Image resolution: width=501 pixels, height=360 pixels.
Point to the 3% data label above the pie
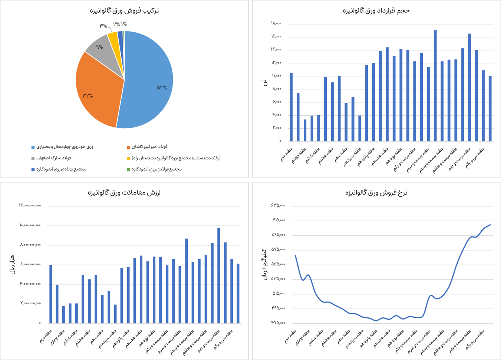point(103,26)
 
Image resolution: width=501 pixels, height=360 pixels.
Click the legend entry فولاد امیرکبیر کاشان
point(149,147)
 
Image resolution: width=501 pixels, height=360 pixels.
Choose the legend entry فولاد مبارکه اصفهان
point(53,158)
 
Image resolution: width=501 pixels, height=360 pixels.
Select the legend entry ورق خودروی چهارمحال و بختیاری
point(65,147)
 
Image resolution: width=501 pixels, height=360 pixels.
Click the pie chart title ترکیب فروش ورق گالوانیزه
point(124,11)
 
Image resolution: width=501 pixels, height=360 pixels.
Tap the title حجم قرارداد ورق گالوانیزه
point(376,11)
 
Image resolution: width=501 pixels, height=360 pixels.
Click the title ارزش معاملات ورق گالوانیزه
point(124,193)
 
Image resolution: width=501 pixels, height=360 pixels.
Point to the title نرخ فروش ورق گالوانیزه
point(376,193)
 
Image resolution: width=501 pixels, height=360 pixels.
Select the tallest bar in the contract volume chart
point(435,85)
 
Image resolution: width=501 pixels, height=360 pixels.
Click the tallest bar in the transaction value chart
point(219,274)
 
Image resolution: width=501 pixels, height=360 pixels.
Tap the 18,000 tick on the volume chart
point(276,24)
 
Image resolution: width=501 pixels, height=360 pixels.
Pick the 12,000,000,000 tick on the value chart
point(30,205)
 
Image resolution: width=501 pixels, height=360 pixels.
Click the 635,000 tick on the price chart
point(278,205)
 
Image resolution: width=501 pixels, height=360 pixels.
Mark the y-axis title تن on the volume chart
point(265,82)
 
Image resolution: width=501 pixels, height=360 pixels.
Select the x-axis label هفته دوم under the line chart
point(291,338)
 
